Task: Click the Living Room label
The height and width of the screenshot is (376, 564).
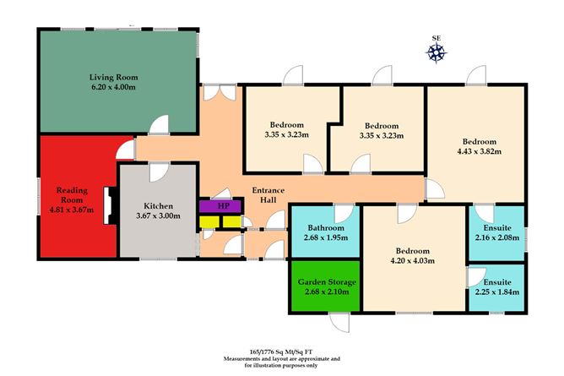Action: (114, 77)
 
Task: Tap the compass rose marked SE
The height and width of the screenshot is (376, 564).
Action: (437, 53)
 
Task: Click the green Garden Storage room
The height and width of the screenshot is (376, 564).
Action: (326, 286)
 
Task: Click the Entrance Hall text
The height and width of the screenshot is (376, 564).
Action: (268, 196)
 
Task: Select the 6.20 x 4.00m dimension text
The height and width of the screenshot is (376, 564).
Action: (114, 87)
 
